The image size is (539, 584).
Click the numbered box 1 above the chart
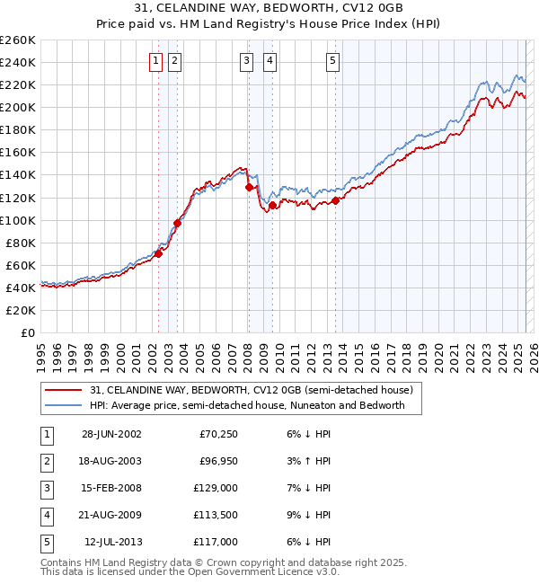156,61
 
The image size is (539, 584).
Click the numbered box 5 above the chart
332,61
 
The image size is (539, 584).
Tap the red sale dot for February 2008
249,187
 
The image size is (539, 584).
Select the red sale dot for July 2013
335,200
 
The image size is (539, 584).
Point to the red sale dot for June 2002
158,253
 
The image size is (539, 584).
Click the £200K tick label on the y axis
17,107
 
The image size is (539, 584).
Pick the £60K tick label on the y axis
20,265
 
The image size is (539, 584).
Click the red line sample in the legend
64,390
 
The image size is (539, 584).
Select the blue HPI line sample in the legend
64,405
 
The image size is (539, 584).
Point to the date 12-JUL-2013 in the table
113,542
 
